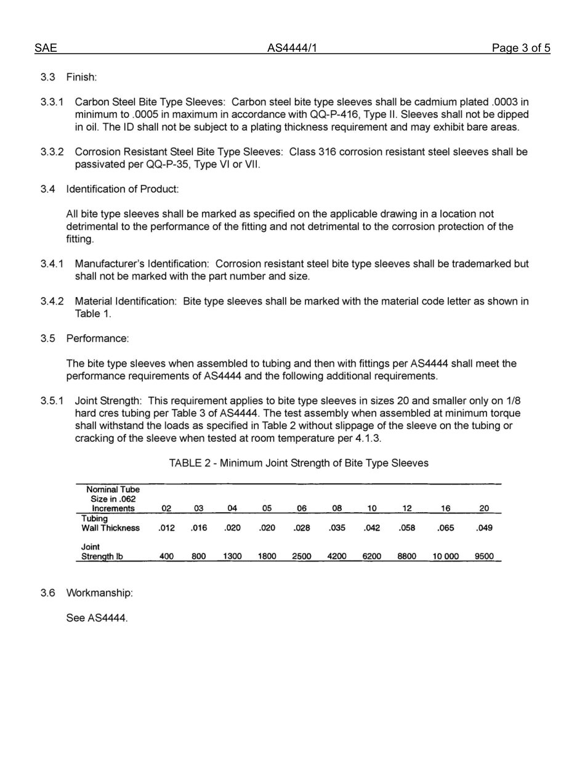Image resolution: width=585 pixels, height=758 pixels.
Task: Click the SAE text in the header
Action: pyautogui.click(x=46, y=49)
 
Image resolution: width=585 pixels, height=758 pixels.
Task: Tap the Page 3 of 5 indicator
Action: pyautogui.click(x=520, y=49)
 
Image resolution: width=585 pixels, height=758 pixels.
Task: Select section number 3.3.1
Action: pyautogui.click(x=52, y=102)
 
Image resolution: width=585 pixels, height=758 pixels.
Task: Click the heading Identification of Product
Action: pyautogui.click(x=123, y=189)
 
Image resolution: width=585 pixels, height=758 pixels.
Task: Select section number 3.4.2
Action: pyautogui.click(x=52, y=301)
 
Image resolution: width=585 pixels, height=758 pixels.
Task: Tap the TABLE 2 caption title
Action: pyautogui.click(x=299, y=463)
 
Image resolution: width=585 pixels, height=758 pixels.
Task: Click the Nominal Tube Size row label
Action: pyautogui.click(x=113, y=499)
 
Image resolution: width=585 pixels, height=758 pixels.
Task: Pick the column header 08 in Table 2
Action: pyautogui.click(x=337, y=508)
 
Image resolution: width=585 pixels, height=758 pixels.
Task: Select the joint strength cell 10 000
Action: pyautogui.click(x=445, y=556)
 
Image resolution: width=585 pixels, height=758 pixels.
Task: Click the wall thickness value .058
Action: pyautogui.click(x=407, y=528)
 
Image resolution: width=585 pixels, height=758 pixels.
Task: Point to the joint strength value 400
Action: pyautogui.click(x=166, y=556)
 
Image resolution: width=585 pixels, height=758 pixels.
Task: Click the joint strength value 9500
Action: pyautogui.click(x=484, y=556)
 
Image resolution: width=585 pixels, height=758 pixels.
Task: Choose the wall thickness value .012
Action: pyautogui.click(x=166, y=528)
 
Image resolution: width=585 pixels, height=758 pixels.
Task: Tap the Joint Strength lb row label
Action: pyautogui.click(x=102, y=552)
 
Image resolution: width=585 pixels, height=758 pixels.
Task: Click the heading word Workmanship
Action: pyautogui.click(x=99, y=593)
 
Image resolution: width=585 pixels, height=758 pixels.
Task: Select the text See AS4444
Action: pyautogui.click(x=97, y=618)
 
